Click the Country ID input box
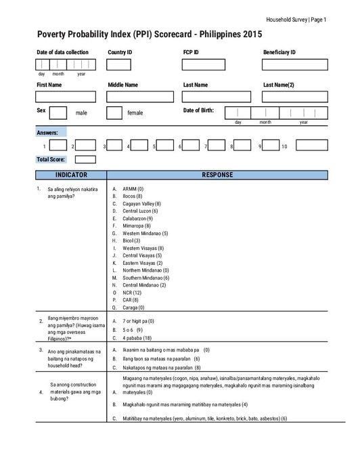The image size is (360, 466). pos(118,64)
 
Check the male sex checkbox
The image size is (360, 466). pos(58,112)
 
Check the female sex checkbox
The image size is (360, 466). pos(114,112)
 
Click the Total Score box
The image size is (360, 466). pos(85,160)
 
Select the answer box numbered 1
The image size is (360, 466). pos(59,145)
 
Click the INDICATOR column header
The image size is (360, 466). pos(70,175)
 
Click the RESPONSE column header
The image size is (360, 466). pos(217,175)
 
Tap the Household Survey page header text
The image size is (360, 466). pos(296,20)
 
